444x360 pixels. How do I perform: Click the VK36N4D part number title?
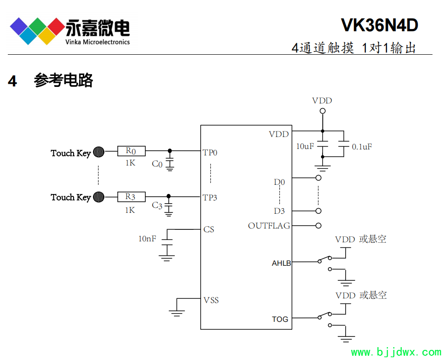coord(379,25)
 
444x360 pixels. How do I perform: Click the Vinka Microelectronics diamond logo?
coord(37,31)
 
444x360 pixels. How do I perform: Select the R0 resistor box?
coord(131,151)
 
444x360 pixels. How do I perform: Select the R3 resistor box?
coord(131,197)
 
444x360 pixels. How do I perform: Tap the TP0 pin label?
coord(210,153)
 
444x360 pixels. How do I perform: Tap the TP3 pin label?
coord(210,198)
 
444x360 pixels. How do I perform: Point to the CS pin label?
coord(209,229)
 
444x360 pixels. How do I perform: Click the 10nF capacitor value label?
coord(147,239)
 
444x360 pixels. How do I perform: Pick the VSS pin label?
coord(211,300)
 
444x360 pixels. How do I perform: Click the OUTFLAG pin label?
coord(269,226)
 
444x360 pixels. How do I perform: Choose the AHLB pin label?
coord(281,263)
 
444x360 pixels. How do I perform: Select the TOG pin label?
coord(280,319)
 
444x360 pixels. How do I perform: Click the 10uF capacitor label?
coord(305,146)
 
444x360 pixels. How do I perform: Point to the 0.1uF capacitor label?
coord(362,147)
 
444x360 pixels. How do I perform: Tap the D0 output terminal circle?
coord(318,177)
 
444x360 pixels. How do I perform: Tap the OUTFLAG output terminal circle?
coord(318,226)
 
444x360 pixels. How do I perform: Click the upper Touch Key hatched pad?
coord(98,152)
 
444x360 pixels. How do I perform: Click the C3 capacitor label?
coord(157,206)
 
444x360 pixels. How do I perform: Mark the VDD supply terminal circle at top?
coord(323,111)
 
